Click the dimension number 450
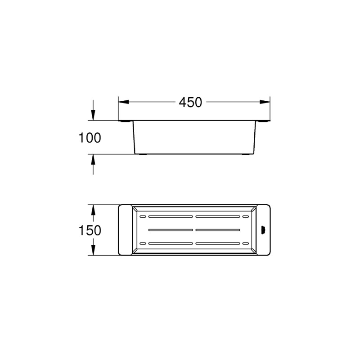190,103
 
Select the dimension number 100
90,138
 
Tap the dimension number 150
90,230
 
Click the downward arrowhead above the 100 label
93,116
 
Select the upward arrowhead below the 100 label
93,159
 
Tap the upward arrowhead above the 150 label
93,210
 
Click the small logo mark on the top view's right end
264,230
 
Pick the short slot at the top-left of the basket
144,216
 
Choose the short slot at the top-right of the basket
245,216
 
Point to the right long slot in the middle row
217,230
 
